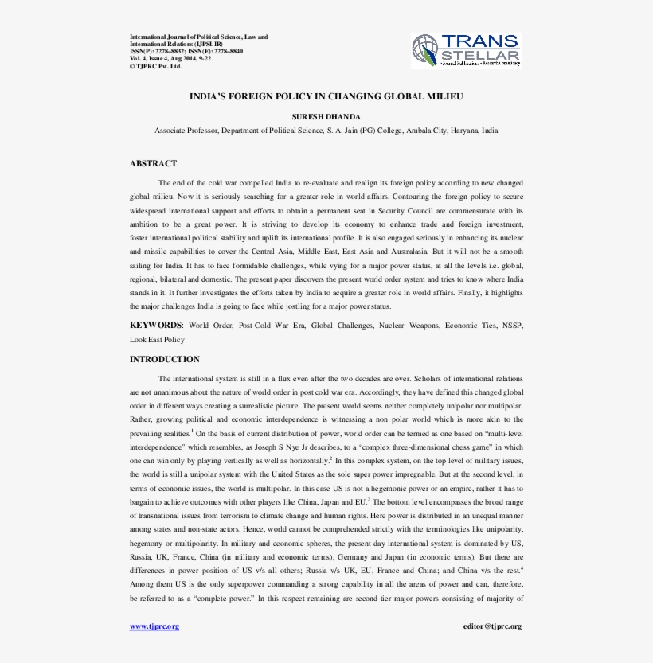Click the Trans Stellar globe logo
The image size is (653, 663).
point(425,50)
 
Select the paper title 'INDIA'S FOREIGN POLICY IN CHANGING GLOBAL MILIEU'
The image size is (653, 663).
point(326,96)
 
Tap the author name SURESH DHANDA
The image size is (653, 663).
point(326,116)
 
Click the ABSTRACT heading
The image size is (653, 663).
point(153,163)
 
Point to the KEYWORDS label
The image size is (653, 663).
point(156,326)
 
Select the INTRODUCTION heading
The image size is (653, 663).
point(165,359)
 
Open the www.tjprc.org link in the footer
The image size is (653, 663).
point(154,626)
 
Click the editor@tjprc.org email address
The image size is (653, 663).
point(492,626)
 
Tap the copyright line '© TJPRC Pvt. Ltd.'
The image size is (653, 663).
point(156,66)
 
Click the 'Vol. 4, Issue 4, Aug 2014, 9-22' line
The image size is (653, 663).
point(170,58)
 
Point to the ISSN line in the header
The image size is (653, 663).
point(186,51)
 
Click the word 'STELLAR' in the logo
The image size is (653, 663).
point(480,56)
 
